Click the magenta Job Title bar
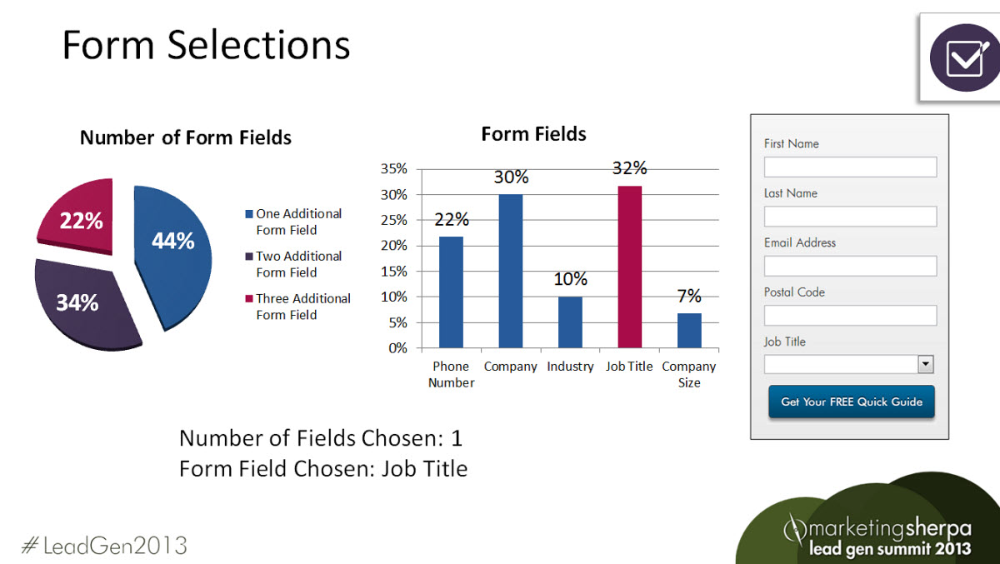click(629, 267)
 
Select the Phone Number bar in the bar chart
click(451, 292)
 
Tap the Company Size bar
click(689, 331)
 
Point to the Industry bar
click(570, 322)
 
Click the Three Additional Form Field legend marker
click(249, 298)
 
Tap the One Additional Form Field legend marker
click(249, 214)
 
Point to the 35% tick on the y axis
click(393, 168)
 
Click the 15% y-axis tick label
click(393, 272)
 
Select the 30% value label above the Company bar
click(511, 177)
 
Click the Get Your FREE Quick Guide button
click(852, 402)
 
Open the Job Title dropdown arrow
click(926, 364)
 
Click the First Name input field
click(851, 167)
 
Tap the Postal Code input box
click(851, 316)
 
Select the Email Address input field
click(851, 266)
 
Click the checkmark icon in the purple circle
click(967, 58)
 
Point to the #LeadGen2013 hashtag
click(104, 546)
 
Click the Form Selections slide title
click(207, 45)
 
